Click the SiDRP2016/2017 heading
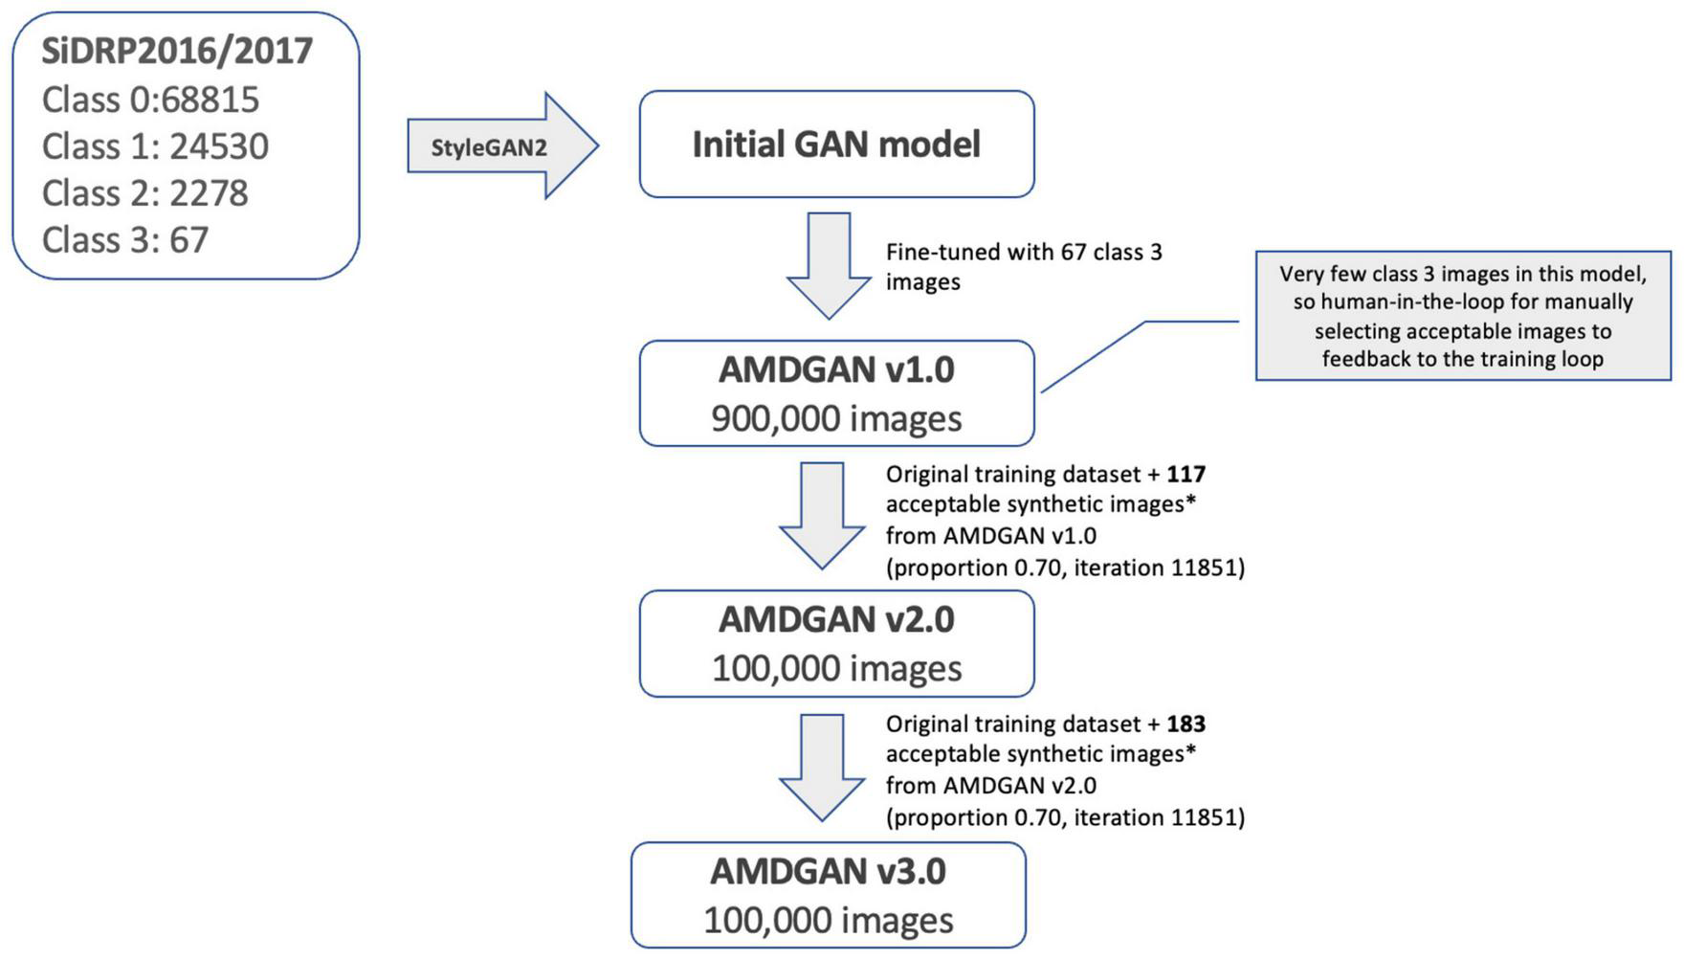click(177, 51)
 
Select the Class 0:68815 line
click(150, 100)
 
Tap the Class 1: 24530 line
click(155, 146)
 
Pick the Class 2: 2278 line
click(144, 193)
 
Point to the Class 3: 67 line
click(124, 240)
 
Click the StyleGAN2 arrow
click(498, 146)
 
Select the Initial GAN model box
click(836, 145)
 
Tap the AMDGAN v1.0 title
click(836, 369)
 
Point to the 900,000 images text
click(836, 418)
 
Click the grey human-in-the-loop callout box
click(1462, 316)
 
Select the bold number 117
click(1185, 474)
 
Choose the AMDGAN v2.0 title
click(836, 619)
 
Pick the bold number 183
click(1185, 724)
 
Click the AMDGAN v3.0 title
click(828, 871)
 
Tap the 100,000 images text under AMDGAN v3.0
click(828, 920)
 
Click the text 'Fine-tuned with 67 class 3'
click(1023, 253)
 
